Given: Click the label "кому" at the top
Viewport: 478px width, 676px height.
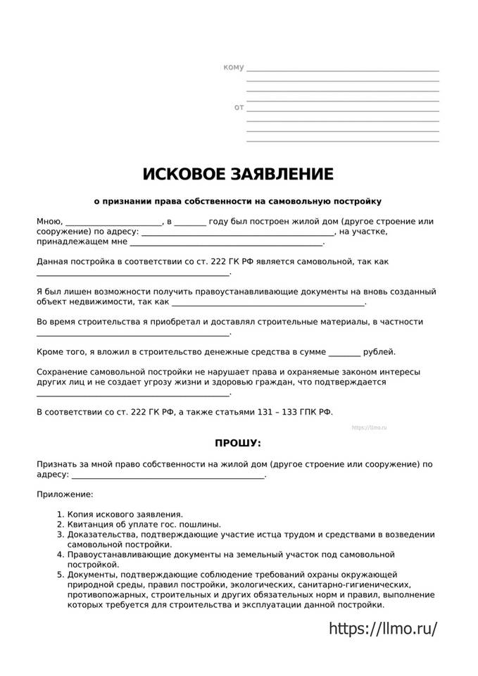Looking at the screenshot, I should (233, 68).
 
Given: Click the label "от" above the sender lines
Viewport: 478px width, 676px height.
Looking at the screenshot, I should (239, 108).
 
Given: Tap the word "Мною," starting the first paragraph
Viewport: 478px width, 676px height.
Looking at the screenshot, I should (49, 221).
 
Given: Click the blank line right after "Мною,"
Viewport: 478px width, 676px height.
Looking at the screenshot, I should (114, 223).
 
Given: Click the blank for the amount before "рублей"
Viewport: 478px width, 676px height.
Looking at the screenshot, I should (344, 352).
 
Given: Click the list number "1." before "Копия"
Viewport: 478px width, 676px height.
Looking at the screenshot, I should (60, 515).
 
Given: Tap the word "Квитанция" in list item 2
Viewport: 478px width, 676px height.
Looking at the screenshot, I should (90, 525).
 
